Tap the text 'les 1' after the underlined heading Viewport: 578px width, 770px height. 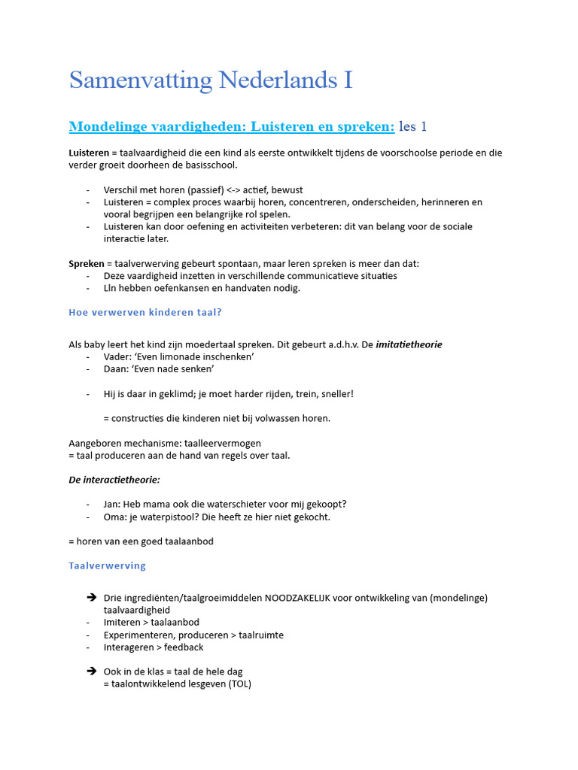412,126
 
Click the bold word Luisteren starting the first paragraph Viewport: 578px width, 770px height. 89,153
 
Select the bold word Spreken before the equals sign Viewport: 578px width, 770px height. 86,263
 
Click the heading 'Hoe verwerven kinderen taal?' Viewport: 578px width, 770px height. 145,312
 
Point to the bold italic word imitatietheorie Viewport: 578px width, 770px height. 409,344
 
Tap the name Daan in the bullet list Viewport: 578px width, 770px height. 116,369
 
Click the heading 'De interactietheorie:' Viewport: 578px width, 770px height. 114,480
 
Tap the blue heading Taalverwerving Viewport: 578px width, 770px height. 107,565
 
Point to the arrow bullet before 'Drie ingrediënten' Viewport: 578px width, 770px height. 91,598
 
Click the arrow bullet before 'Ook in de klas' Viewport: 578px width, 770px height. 91,671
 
